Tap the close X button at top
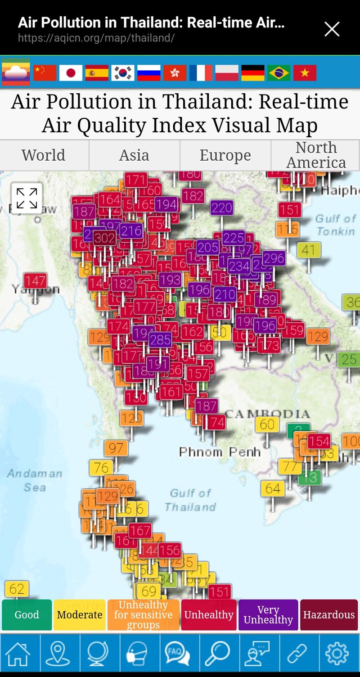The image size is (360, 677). pos(332,29)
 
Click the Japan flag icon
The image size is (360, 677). pos(71,72)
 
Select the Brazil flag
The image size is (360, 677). pos(279,72)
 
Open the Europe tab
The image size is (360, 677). pos(225,155)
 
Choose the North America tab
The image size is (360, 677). pos(315,155)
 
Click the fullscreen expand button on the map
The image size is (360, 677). pos(27,198)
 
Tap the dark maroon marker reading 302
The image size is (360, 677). pos(104,238)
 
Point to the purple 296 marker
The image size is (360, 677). pos(274,258)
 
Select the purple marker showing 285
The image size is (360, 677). pos(160,339)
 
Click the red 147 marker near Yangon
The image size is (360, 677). pos(35,281)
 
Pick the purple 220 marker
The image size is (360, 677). pos(221,208)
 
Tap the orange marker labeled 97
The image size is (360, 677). pos(116,448)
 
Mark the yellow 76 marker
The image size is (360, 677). pos(101,468)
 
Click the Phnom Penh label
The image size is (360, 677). pos(220,451)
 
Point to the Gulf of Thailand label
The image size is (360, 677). pos(190,500)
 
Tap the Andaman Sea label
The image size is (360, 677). pos(34,480)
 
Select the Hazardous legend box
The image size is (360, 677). pos(328,615)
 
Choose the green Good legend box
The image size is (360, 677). pos(27,615)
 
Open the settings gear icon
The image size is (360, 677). pos(337,653)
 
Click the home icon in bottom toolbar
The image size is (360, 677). pos(18,653)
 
